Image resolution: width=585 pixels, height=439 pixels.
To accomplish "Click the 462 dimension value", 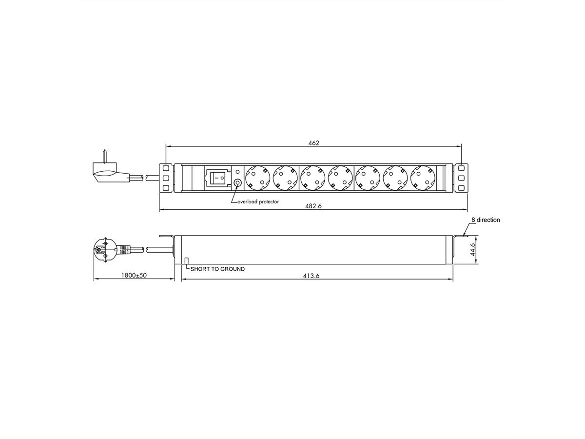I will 313,143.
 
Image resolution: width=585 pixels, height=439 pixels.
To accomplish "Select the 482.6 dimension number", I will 313,206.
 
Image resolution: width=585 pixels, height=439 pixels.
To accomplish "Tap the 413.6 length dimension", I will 311,276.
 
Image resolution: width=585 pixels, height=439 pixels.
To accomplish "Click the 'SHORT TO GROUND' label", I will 217,269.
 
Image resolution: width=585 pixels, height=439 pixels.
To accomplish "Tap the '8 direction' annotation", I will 483,220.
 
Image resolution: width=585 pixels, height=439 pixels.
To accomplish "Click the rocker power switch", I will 217,178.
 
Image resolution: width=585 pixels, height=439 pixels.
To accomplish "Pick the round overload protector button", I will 237,183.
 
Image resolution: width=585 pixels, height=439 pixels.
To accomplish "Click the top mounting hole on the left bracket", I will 166,167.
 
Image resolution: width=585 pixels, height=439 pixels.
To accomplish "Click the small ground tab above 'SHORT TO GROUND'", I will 187,261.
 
